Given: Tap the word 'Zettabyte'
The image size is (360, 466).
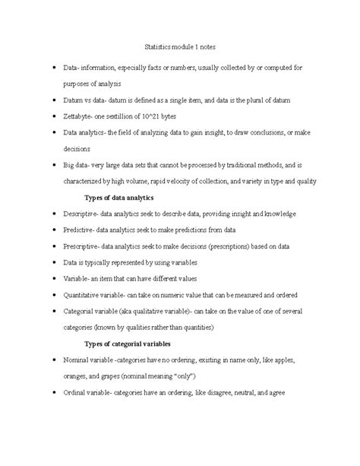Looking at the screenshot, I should [78, 116].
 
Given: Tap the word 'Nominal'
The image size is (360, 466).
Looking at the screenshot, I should [77, 360].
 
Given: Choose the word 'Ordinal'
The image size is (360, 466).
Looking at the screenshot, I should [76, 392].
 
